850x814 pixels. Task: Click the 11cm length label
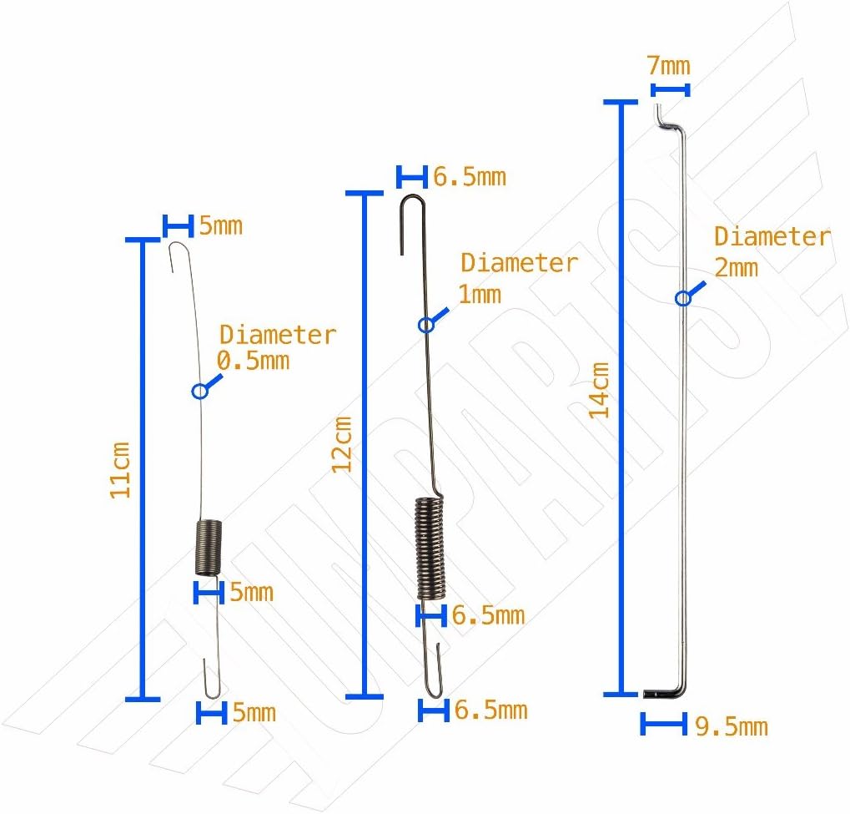tap(122, 470)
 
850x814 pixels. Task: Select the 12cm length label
tap(343, 444)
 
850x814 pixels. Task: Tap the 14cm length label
tap(599, 389)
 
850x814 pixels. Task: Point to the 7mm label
tap(670, 64)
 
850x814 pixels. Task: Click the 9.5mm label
tap(731, 726)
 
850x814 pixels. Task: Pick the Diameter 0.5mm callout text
tap(275, 347)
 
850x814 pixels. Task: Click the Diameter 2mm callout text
tap(772, 250)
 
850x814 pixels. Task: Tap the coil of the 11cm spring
tap(209, 546)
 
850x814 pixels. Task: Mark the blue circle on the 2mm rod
tap(683, 297)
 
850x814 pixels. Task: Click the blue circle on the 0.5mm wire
tap(199, 390)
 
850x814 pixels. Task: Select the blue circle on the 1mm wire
tap(426, 324)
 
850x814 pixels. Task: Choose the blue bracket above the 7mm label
tap(671, 89)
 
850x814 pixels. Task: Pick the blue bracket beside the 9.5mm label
tap(663, 724)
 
